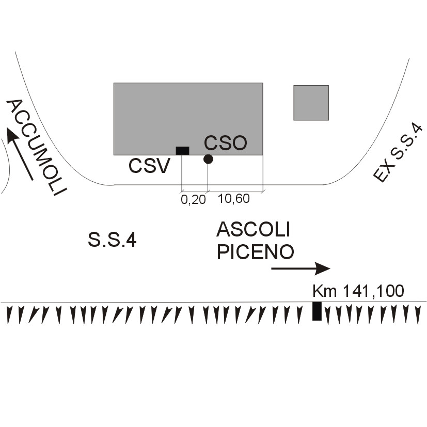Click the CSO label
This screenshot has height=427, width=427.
(226, 143)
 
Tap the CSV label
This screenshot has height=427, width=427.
(149, 166)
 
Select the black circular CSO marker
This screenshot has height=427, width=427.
(208, 159)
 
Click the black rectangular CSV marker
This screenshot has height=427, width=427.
(182, 151)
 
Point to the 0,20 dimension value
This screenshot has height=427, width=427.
(193, 200)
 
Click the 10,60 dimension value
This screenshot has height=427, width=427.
(234, 198)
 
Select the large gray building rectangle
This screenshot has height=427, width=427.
(188, 119)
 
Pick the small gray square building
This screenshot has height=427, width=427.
(311, 103)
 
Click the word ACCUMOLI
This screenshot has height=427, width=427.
(36, 147)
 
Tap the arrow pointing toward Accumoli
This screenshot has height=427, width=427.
(20, 154)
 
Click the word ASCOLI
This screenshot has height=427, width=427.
(254, 229)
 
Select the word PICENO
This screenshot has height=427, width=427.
(256, 252)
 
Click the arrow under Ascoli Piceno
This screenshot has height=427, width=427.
(301, 268)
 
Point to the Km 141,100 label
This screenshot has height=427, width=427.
(358, 291)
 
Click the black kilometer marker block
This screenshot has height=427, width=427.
(317, 311)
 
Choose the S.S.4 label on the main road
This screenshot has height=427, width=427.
(112, 240)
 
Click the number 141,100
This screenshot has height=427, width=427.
(373, 291)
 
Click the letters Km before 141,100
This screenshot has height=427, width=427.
(324, 291)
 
